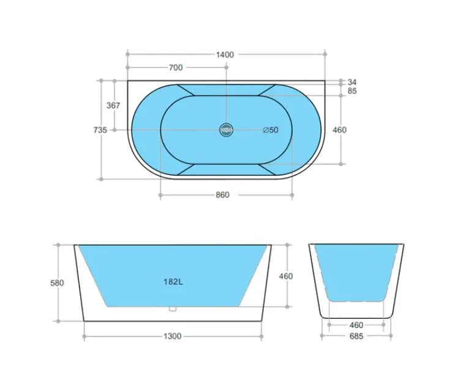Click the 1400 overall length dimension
(225, 54)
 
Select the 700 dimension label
(175, 68)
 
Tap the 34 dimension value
(351, 82)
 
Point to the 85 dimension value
(351, 91)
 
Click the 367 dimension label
(113, 105)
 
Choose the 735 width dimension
(100, 130)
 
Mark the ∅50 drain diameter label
(270, 130)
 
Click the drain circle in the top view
(227, 130)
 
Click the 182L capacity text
(173, 282)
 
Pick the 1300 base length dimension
(173, 336)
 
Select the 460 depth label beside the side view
(285, 276)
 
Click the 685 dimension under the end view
(356, 336)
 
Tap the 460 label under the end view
(356, 325)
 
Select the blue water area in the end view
(356, 269)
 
